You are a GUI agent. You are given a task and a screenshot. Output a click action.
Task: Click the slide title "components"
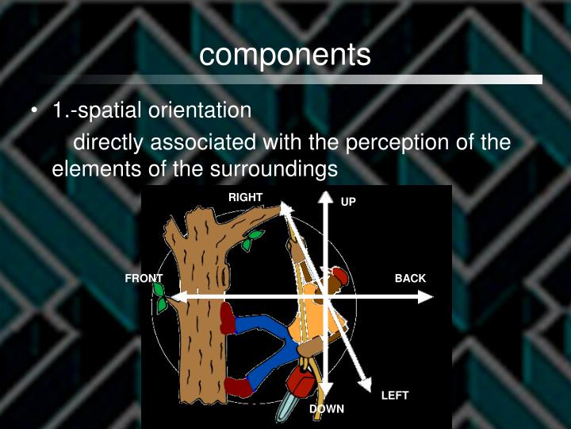pos(285,54)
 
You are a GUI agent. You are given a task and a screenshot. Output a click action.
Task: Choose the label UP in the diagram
pos(348,203)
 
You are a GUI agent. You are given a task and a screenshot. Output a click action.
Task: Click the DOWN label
pos(327,409)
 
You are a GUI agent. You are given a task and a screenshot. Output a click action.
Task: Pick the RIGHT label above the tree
pos(245,197)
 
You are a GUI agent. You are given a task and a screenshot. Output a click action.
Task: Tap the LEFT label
pos(395,395)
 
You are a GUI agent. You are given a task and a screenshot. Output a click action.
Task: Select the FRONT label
pos(144,278)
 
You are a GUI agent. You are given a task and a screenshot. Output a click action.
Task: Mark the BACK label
pos(410,278)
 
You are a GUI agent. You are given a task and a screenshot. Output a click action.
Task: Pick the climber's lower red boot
pos(237,387)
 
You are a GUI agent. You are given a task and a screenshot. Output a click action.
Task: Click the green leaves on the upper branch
pos(251,240)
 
